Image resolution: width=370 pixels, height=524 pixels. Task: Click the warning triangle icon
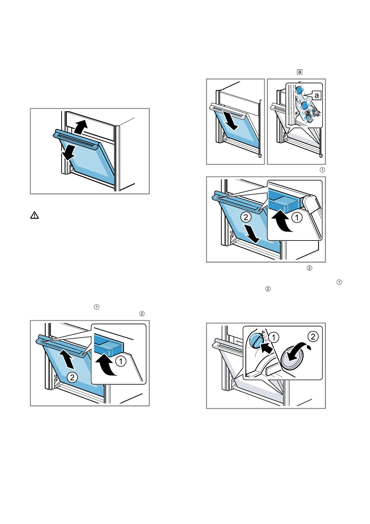pyautogui.click(x=34, y=215)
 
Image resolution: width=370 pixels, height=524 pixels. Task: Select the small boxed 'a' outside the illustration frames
pyautogui.click(x=299, y=72)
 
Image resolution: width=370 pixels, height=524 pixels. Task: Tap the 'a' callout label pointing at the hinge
pyautogui.click(x=316, y=95)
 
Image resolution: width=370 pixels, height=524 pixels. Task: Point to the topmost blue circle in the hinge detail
pyautogui.click(x=299, y=90)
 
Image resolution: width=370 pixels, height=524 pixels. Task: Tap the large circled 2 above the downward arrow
pyautogui.click(x=246, y=217)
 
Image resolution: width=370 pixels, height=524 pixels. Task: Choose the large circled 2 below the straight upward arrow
pyautogui.click(x=72, y=377)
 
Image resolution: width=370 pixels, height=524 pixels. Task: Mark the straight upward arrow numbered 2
pyautogui.click(x=68, y=358)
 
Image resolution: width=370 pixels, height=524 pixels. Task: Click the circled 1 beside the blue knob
pyautogui.click(x=273, y=337)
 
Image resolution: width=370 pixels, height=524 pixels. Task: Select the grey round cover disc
pyautogui.click(x=292, y=358)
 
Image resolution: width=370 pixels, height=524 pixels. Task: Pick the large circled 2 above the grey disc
pyautogui.click(x=313, y=336)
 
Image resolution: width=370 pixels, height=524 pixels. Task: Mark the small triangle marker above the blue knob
pyautogui.click(x=263, y=332)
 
